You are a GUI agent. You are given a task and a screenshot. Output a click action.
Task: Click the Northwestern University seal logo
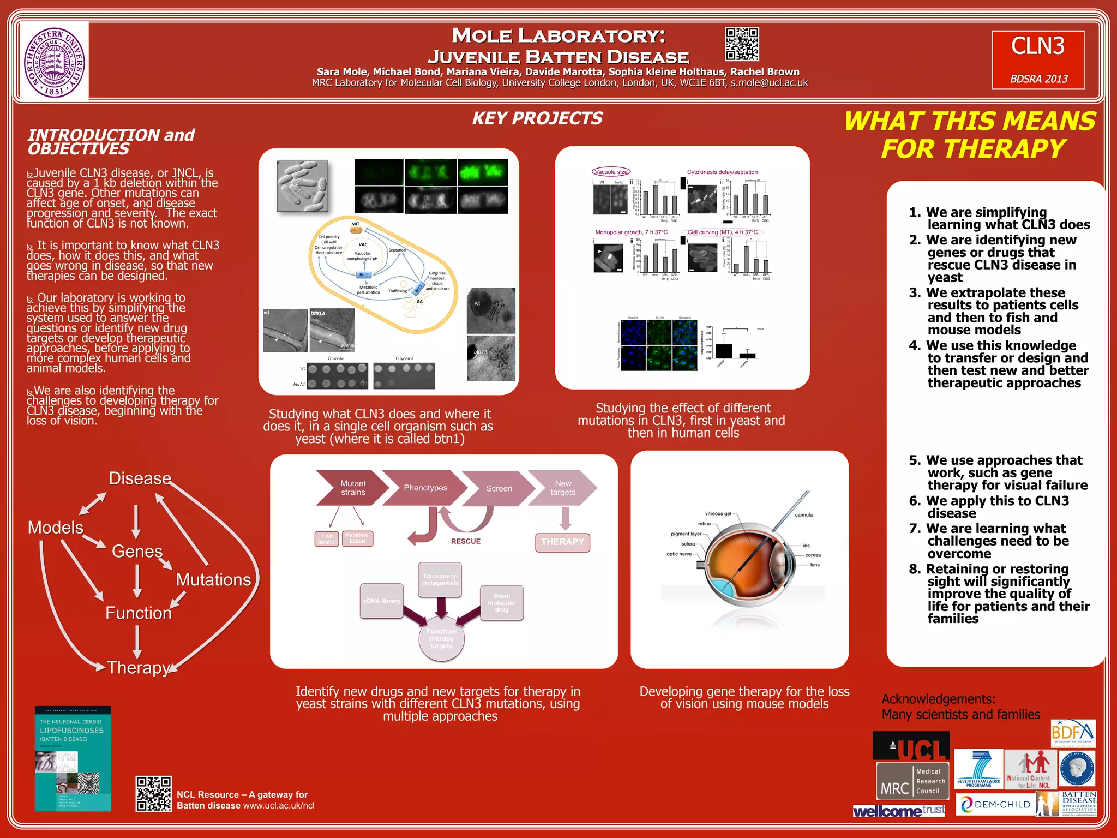click(x=55, y=62)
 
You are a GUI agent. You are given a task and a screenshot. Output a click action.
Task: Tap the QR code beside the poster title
click(x=742, y=44)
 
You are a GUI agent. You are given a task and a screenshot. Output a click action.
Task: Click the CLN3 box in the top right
click(x=1038, y=59)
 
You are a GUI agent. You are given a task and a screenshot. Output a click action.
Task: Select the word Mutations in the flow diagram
click(x=213, y=579)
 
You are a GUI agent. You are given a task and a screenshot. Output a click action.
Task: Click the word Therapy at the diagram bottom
click(x=139, y=667)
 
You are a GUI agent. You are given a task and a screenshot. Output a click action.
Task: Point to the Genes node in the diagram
click(x=137, y=551)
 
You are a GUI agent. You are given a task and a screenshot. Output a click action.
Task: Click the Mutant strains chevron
click(x=352, y=488)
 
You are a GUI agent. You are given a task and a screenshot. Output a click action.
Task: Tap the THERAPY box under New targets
click(x=562, y=542)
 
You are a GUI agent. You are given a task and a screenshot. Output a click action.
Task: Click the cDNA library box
click(x=382, y=601)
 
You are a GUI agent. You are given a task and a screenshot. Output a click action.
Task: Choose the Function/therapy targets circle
click(x=441, y=638)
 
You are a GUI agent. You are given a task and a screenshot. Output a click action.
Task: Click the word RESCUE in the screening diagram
click(x=465, y=541)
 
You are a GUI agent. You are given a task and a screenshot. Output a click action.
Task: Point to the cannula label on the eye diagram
click(x=803, y=514)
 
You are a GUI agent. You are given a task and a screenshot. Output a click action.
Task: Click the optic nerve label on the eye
click(x=679, y=554)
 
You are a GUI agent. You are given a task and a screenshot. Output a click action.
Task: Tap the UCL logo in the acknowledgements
click(x=911, y=746)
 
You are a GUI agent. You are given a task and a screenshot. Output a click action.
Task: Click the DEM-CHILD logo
click(x=996, y=804)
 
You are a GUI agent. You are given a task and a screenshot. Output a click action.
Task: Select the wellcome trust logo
click(x=899, y=811)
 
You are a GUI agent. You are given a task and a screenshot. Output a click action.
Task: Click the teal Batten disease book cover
click(x=73, y=758)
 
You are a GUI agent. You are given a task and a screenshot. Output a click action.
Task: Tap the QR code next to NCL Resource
click(x=153, y=793)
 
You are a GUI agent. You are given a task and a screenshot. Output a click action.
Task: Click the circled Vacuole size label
click(x=611, y=172)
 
